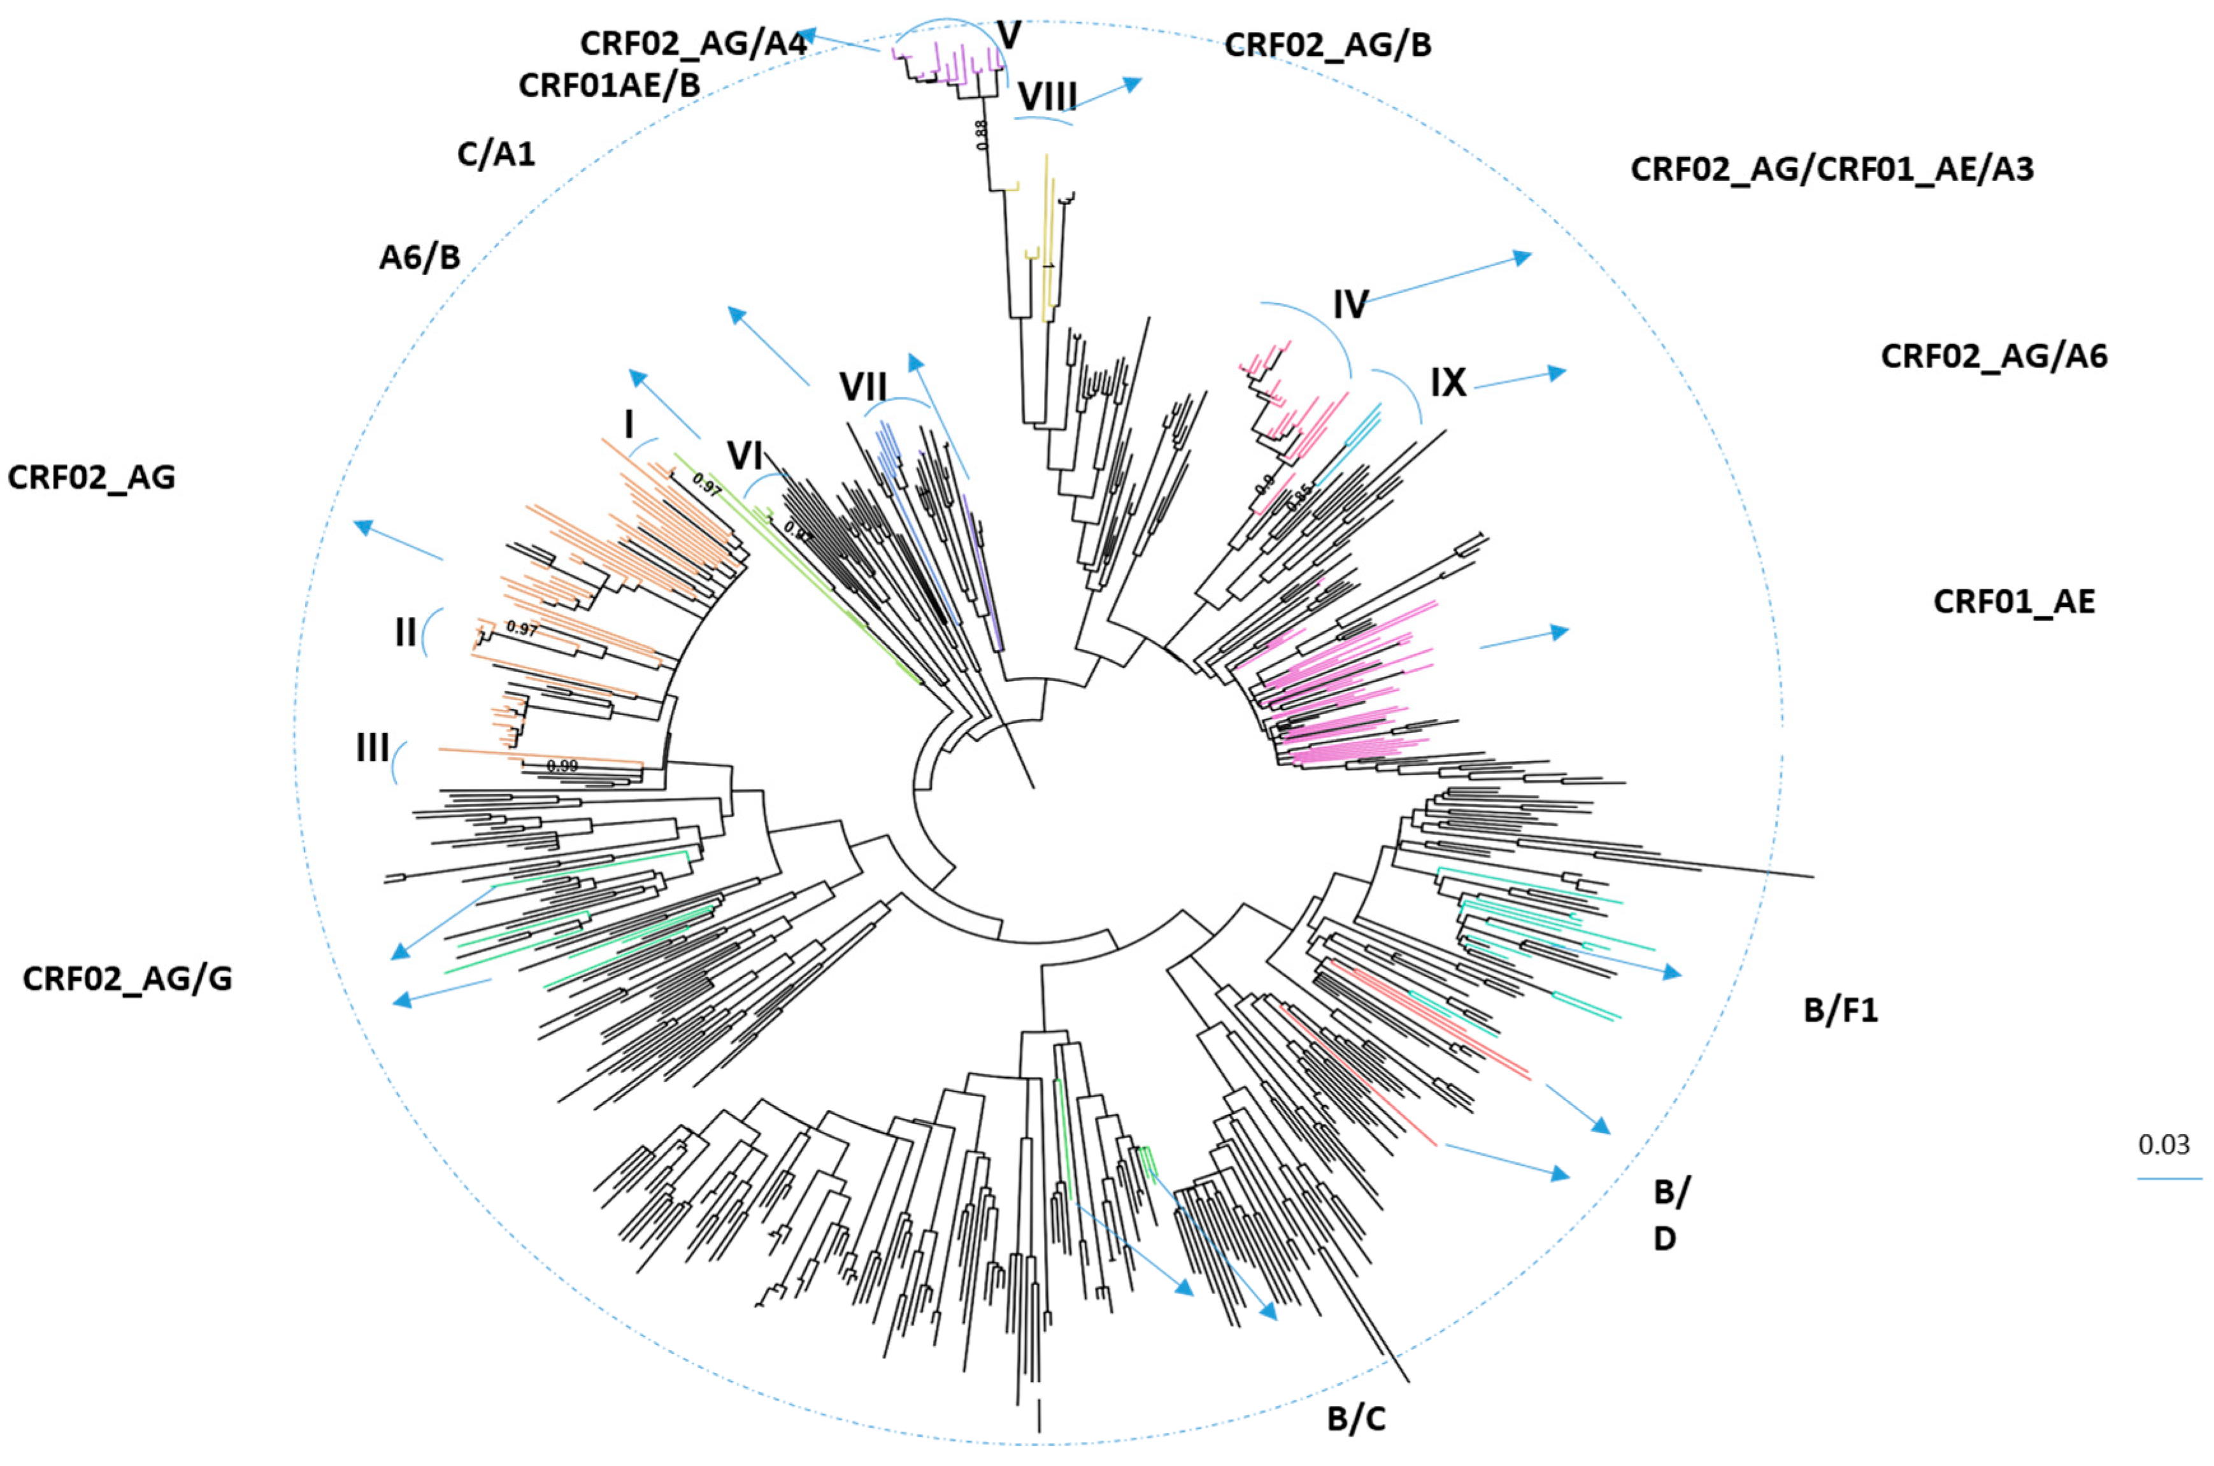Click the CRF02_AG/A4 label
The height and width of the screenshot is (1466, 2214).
[x=693, y=44]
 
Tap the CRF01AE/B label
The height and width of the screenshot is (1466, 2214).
[x=609, y=85]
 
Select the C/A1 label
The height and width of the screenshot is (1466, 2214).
[x=496, y=153]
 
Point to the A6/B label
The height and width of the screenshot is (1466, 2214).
[x=420, y=257]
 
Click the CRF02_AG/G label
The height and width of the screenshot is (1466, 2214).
[x=127, y=979]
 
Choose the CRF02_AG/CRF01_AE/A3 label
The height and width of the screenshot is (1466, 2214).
[x=1832, y=169]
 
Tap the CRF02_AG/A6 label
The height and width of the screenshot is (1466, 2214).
[x=1994, y=356]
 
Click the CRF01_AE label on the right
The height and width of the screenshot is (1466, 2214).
[x=2014, y=601]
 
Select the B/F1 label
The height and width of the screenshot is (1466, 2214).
[x=1840, y=1011]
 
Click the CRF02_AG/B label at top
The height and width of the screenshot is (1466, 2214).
[x=1327, y=45]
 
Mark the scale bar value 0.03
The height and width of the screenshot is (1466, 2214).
[x=2164, y=1144]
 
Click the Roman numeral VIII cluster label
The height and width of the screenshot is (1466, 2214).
[x=1047, y=96]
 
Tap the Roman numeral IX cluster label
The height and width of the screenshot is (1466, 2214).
[x=1448, y=382]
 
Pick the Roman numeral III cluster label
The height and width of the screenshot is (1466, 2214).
[x=372, y=747]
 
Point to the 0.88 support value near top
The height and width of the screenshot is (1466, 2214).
[x=982, y=134]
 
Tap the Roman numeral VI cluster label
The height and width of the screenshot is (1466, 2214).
[x=745, y=456]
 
